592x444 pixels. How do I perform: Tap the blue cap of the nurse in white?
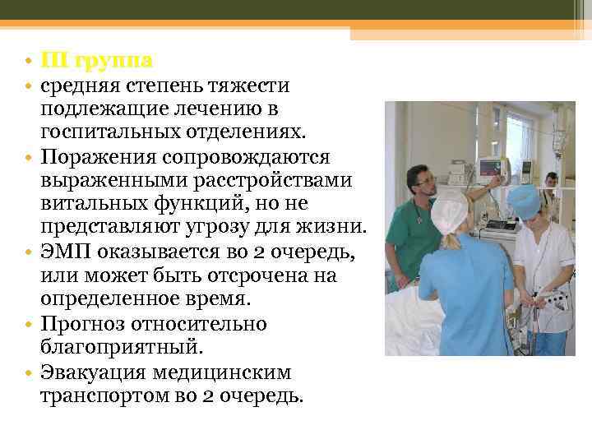click(x=522, y=198)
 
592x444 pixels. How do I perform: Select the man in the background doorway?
click(x=552, y=184)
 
